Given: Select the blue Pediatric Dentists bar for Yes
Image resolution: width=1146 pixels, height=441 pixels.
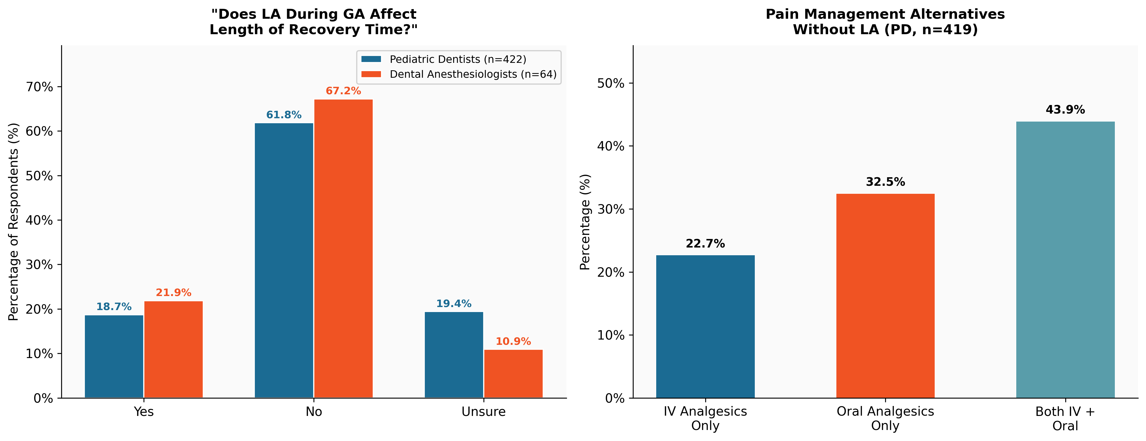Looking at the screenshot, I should tap(114, 356).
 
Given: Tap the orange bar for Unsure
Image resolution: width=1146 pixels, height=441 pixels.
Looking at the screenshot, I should tap(513, 373).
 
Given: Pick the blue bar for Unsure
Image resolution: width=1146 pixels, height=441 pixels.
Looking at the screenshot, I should tap(454, 355).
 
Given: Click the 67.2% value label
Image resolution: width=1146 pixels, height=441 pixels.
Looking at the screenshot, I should tap(344, 91).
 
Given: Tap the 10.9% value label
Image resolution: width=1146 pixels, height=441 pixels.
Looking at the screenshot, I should tap(513, 341).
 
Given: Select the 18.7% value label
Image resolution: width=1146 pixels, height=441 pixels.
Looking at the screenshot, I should tap(114, 306).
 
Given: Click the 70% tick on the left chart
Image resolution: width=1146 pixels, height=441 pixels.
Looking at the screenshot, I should tap(40, 87).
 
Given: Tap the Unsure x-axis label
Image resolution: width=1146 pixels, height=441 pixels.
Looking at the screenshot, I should tap(483, 412).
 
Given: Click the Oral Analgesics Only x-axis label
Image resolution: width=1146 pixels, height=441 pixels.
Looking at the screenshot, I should tap(885, 418).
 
